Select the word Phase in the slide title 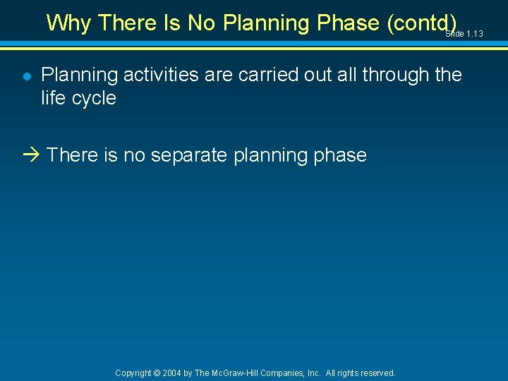pos(349,23)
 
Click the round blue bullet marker pos(25,76)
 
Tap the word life pos(52,98)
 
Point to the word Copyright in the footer pos(133,373)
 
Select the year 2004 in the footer pos(171,373)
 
